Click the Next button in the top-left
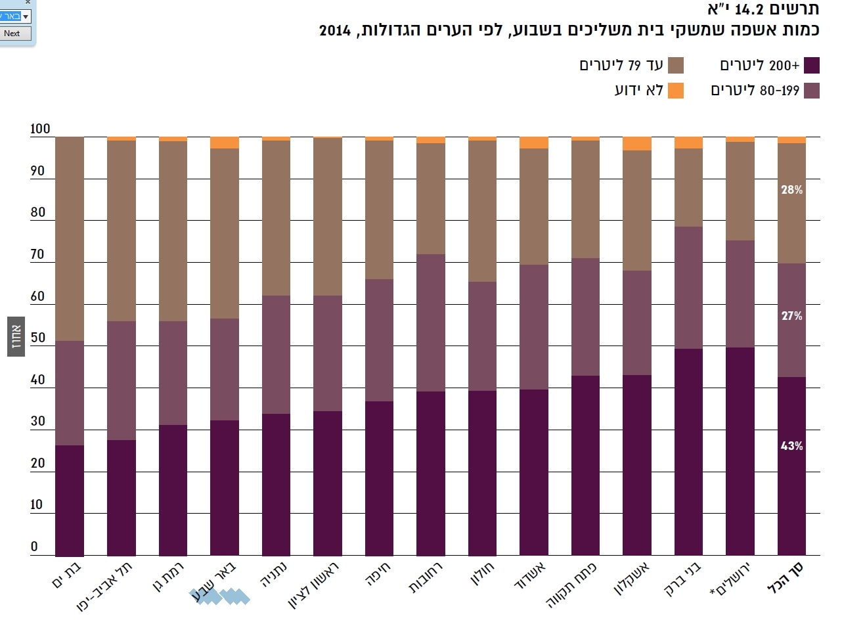click(13, 33)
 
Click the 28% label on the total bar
click(791, 190)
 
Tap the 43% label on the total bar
click(791, 446)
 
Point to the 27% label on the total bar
click(791, 316)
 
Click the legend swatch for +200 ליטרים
click(812, 65)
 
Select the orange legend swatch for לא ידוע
click(675, 91)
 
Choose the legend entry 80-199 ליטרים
click(755, 91)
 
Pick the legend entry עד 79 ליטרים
click(621, 65)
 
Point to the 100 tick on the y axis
click(40, 129)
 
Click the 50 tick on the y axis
click(38, 338)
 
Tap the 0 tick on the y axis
click(34, 546)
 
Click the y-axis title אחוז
click(16, 336)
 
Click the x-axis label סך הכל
click(786, 577)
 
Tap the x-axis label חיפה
click(378, 573)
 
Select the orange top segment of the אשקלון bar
click(636, 143)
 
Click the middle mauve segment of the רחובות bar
click(430, 323)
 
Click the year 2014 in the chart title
click(335, 30)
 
